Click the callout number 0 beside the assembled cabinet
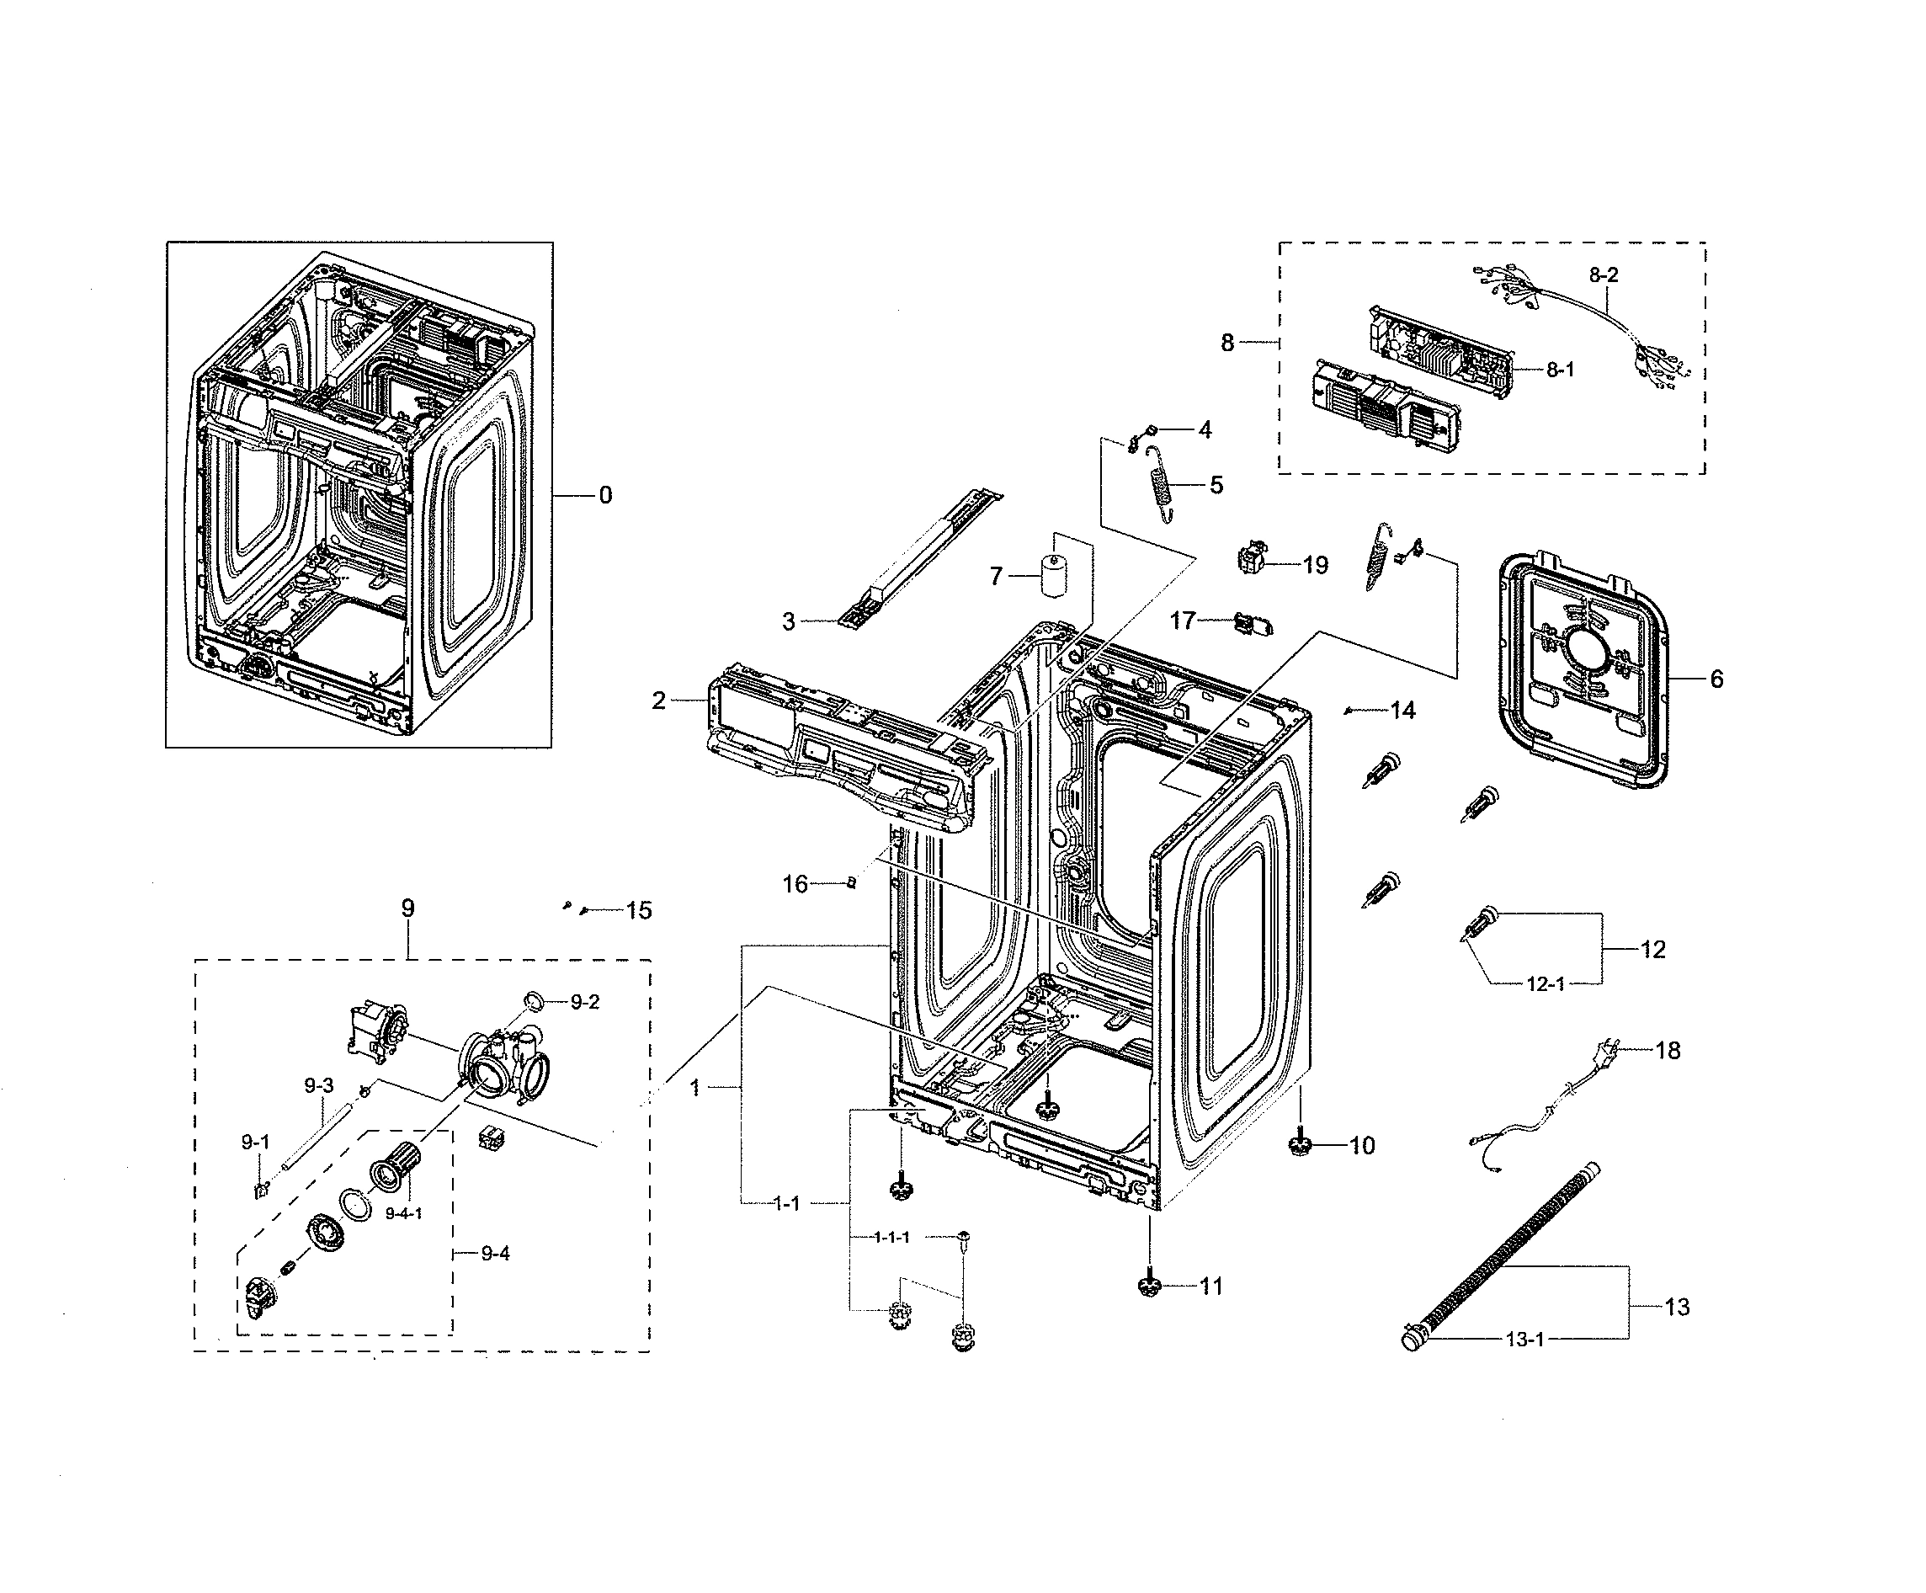605,495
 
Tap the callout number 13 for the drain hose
1677,1307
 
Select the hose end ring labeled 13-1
1413,1340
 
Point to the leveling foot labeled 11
1149,1287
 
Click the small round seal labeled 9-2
535,999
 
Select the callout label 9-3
318,1086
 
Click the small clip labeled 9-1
259,1191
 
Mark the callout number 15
639,911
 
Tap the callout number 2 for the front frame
658,701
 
